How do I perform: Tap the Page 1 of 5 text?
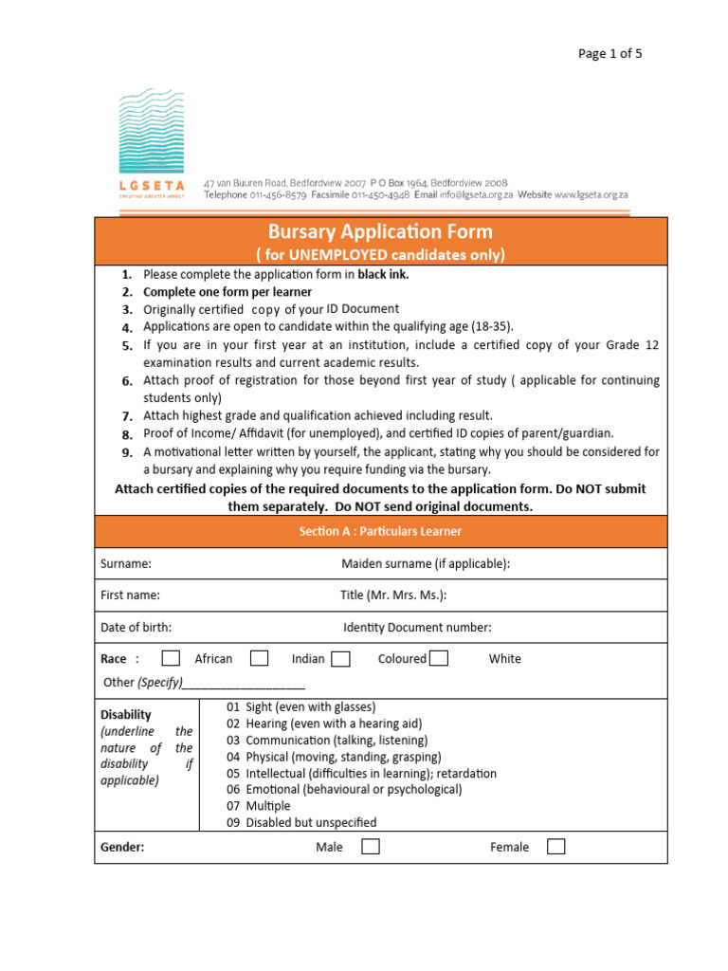coord(610,53)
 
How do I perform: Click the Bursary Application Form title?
coord(380,231)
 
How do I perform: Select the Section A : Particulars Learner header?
coord(380,531)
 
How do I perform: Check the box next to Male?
coord(371,847)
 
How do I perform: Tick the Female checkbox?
coord(556,847)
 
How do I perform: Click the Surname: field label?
coord(126,563)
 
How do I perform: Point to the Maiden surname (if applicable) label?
coord(425,563)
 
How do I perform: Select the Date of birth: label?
coord(136,627)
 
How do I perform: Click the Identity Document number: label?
coord(417,627)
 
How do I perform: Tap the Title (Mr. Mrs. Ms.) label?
coord(392,595)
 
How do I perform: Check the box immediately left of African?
coord(171,658)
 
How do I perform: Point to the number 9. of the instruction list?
coord(127,452)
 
